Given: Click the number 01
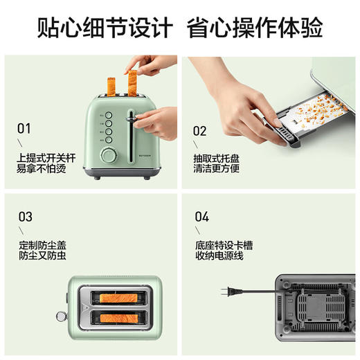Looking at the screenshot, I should point(24,128).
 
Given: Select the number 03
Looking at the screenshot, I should point(25,217).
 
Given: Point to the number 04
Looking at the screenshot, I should point(201,217).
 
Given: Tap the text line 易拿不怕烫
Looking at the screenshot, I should point(39,170).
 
